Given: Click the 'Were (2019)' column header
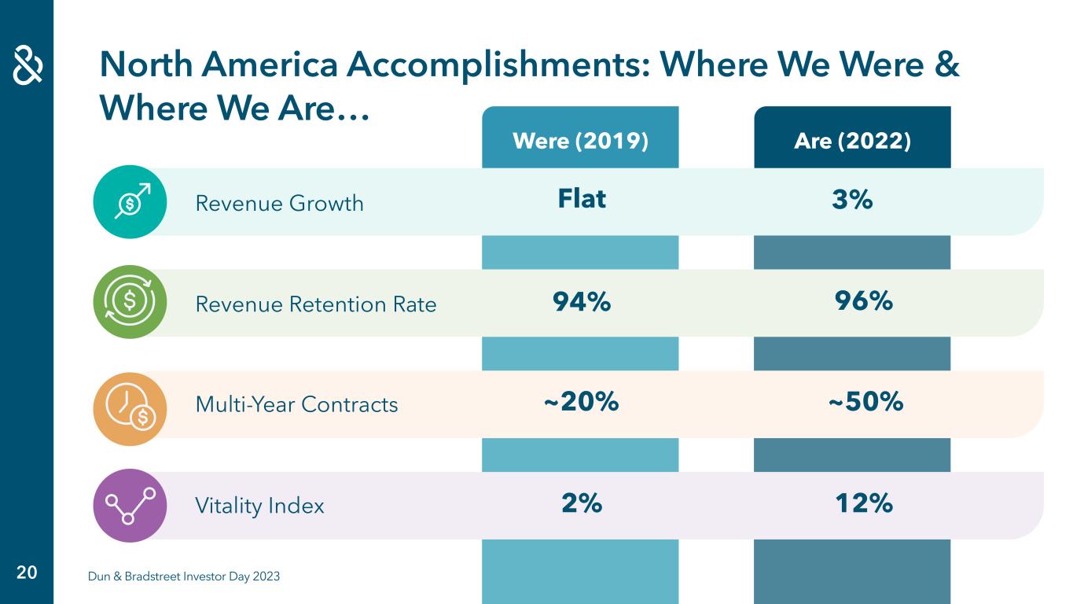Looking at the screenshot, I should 580,142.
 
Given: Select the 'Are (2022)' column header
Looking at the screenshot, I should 852,142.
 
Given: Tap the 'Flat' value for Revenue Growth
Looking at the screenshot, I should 582,199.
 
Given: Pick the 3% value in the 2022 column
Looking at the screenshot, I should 852,201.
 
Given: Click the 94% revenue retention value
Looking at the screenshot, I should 582,301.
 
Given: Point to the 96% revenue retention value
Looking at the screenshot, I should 863,300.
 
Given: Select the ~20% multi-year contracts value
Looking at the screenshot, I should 582,402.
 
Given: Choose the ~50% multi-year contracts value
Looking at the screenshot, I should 865,402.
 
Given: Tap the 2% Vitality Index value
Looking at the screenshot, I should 582,503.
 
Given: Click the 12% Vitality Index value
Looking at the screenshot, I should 863,503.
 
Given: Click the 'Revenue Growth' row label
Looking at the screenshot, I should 279,204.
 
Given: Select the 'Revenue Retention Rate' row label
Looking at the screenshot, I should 315,304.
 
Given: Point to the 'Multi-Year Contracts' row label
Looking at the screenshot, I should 296,405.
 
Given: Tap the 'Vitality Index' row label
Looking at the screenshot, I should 259,506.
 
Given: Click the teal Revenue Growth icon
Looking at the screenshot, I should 130,202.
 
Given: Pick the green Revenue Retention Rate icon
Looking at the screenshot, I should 130,302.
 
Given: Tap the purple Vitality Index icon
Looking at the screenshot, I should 130,506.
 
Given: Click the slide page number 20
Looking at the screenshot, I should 27,573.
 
